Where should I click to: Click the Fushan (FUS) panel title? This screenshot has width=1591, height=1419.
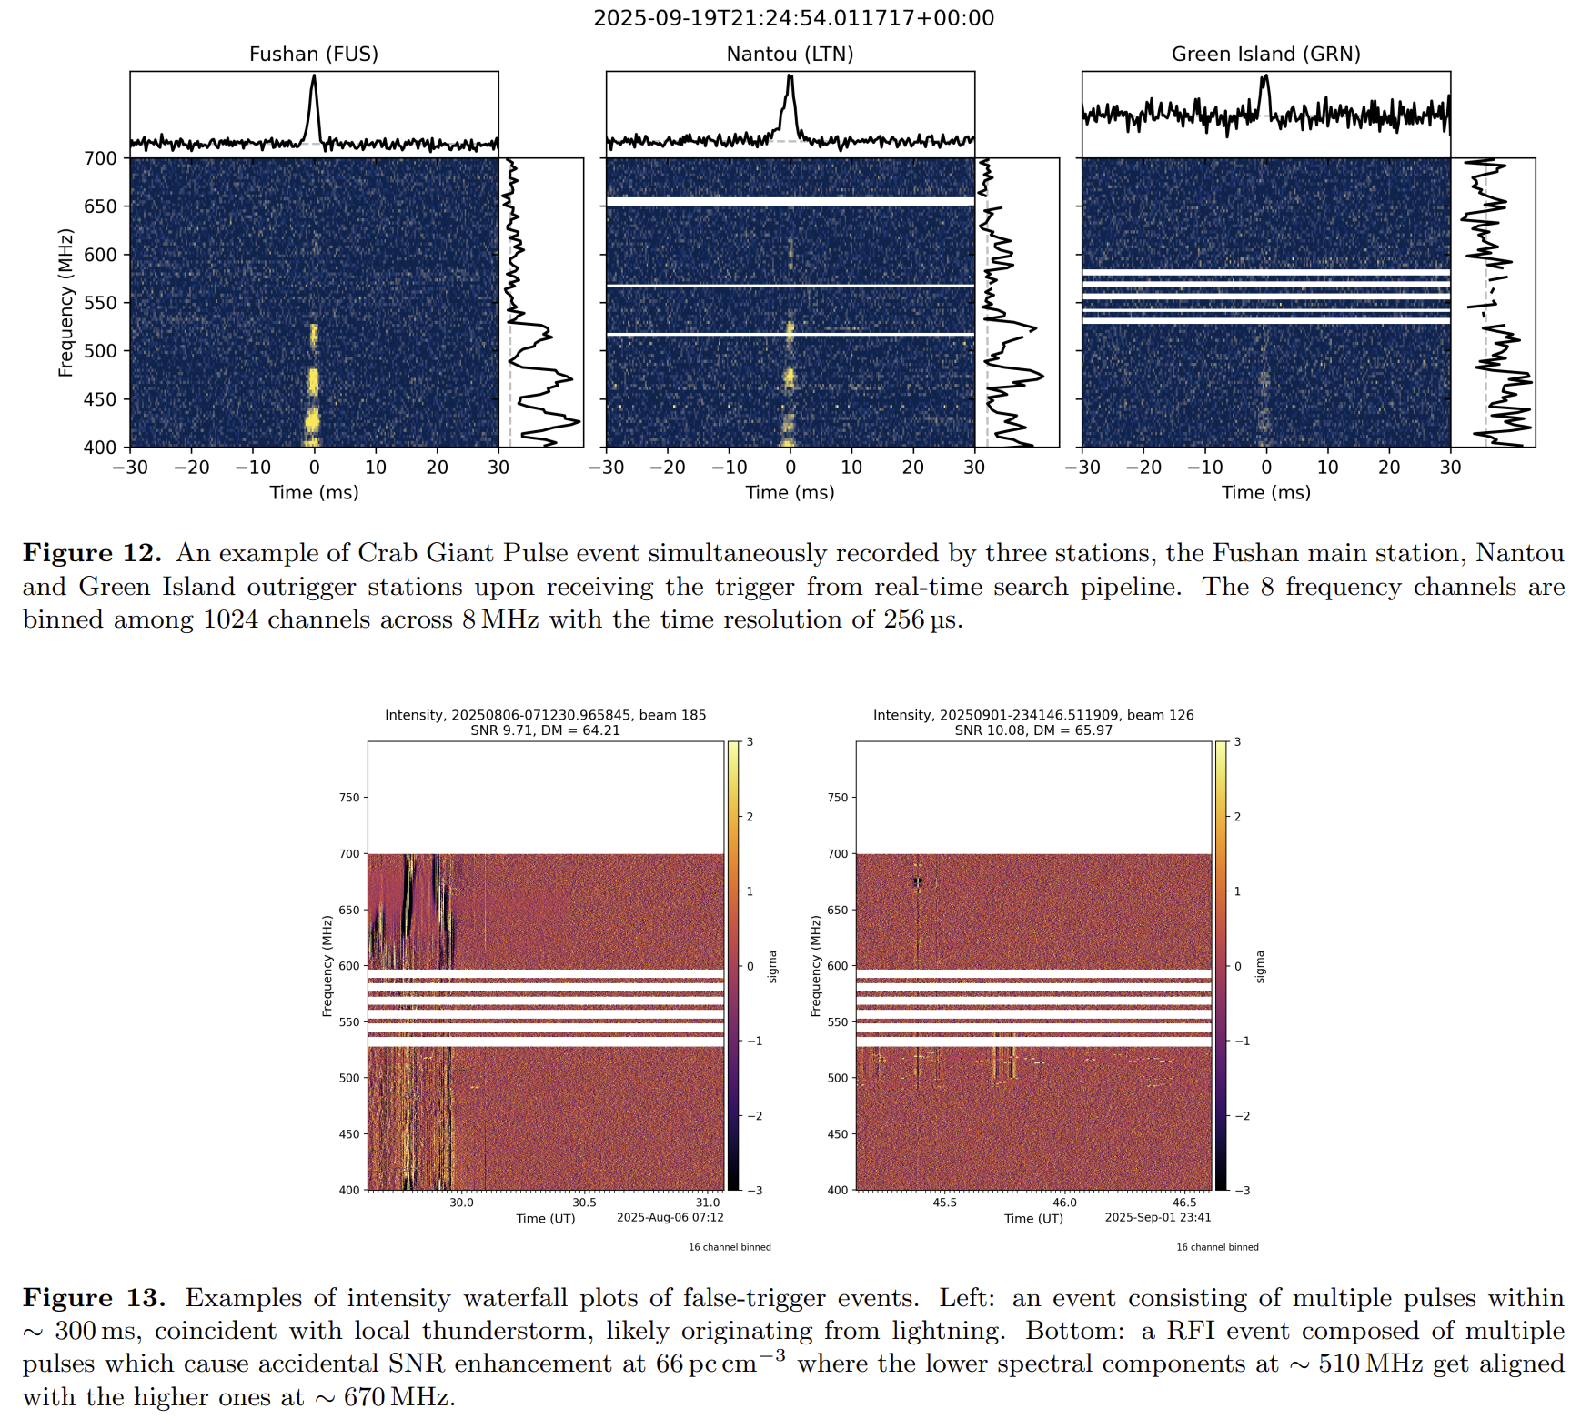pyautogui.click(x=314, y=55)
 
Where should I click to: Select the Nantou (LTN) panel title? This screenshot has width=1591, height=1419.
pyautogui.click(x=790, y=55)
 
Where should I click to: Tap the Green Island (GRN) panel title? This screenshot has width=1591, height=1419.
pyautogui.click(x=1265, y=55)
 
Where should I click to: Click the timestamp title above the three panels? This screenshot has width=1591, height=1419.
pyautogui.click(x=793, y=18)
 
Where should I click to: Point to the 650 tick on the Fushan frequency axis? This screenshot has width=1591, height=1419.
pyautogui.click(x=101, y=206)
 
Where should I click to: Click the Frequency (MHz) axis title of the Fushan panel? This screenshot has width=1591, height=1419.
pyautogui.click(x=65, y=303)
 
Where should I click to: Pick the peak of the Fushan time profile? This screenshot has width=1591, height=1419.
pyautogui.click(x=314, y=76)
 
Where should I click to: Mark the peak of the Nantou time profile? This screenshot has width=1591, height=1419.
pyautogui.click(x=790, y=77)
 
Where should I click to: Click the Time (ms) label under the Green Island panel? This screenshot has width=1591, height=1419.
pyautogui.click(x=1265, y=493)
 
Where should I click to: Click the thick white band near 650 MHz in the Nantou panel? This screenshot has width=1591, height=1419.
pyautogui.click(x=790, y=202)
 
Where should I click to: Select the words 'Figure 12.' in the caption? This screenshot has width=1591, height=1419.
pyautogui.click(x=92, y=553)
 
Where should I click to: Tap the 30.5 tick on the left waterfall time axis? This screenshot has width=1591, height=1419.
pyautogui.click(x=584, y=1203)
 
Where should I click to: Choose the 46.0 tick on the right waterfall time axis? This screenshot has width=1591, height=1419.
pyautogui.click(x=1064, y=1203)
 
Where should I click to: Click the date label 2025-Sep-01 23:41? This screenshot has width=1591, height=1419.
pyautogui.click(x=1157, y=1217)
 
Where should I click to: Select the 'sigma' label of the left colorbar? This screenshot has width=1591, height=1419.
pyautogui.click(x=772, y=966)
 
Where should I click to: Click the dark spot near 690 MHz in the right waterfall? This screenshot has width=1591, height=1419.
pyautogui.click(x=918, y=881)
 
